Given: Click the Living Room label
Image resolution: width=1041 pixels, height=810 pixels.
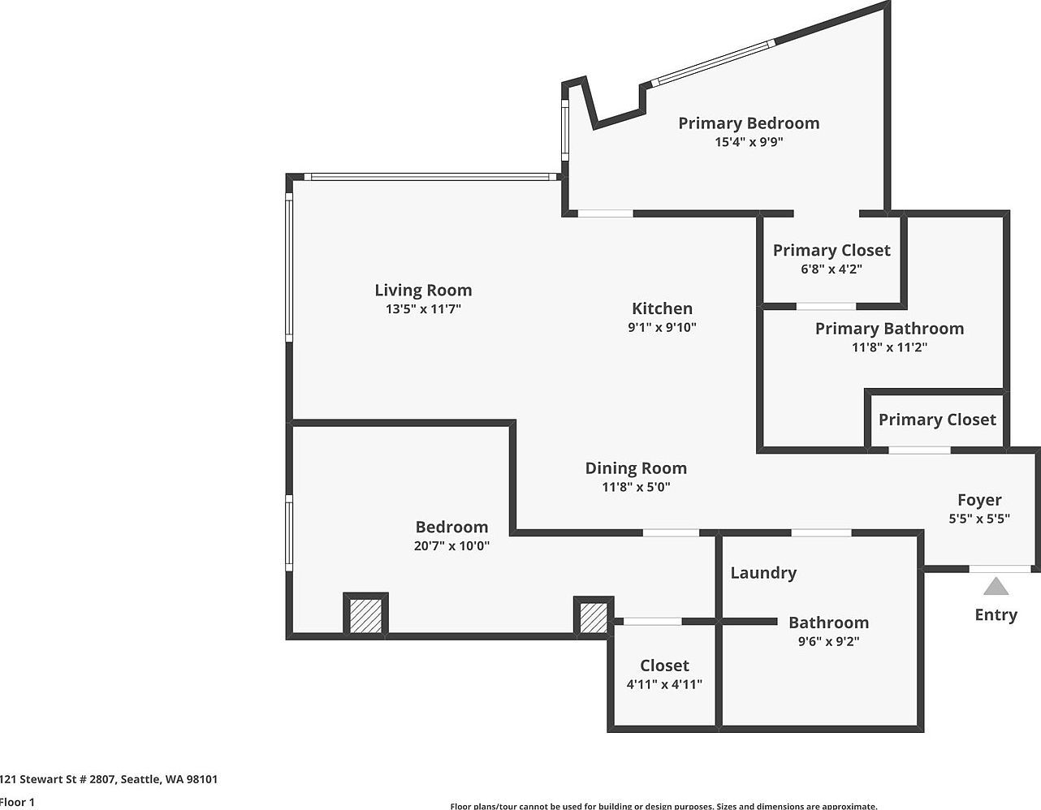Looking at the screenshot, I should click(x=423, y=290).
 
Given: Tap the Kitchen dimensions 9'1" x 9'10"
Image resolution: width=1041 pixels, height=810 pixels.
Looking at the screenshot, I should click(x=662, y=328).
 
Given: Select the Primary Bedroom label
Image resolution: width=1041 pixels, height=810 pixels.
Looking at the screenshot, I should click(x=749, y=123).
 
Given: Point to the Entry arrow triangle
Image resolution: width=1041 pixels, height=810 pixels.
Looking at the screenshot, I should click(x=996, y=586).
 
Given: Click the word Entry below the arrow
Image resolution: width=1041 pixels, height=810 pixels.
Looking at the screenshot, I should click(x=996, y=614).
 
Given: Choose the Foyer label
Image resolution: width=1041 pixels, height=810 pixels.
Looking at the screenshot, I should click(x=979, y=500).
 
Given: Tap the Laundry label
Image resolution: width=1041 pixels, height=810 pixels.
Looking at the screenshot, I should click(x=763, y=572).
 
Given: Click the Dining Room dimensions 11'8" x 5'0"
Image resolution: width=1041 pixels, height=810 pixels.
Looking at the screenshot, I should click(x=636, y=487).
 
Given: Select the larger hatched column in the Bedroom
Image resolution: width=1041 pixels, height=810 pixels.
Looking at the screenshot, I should click(x=366, y=615).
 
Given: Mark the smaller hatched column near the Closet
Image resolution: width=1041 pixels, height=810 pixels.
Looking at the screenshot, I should click(x=593, y=617).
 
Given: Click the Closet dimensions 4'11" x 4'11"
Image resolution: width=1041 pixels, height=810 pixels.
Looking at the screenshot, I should click(x=664, y=684).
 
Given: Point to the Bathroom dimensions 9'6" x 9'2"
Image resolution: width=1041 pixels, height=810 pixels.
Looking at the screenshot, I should click(x=828, y=641).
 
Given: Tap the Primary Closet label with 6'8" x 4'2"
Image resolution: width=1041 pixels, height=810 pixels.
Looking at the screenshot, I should click(x=832, y=250).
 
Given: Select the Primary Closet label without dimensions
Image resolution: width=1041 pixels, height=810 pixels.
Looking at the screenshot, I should click(x=937, y=420).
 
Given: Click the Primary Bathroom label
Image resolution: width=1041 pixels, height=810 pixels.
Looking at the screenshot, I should click(x=889, y=328).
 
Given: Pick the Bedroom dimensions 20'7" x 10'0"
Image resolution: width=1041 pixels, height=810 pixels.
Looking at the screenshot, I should click(x=451, y=546).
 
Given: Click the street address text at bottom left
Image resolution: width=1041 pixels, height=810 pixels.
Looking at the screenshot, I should click(x=109, y=779).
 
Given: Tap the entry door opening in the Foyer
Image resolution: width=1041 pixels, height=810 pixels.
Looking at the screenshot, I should click(x=1000, y=569).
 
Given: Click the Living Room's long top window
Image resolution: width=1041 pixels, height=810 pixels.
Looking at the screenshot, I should click(x=430, y=176).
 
